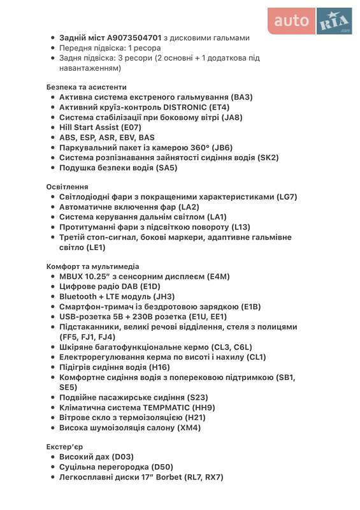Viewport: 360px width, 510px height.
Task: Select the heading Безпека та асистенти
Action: point(86,87)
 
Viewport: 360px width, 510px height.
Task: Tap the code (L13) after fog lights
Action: point(241,227)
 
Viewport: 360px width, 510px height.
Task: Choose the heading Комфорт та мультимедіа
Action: point(92,266)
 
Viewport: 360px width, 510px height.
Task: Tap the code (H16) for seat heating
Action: point(159,367)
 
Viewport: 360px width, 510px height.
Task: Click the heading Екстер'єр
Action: point(64,447)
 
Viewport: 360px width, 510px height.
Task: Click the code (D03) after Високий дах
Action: point(123,457)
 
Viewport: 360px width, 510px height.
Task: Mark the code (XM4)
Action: point(189,427)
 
